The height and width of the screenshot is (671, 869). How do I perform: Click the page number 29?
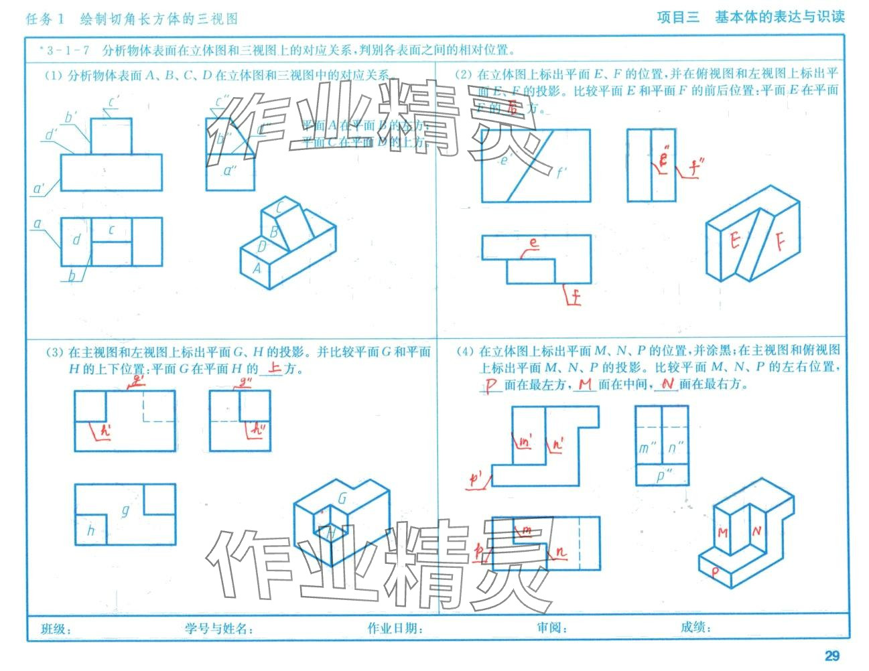click(831, 656)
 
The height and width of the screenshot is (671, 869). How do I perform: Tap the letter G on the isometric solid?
click(342, 498)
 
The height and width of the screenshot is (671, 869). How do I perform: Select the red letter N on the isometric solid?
click(756, 532)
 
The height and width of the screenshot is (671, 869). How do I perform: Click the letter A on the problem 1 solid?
click(257, 268)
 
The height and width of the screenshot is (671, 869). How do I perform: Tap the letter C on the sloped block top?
click(281, 208)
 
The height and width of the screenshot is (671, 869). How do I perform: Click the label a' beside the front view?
click(39, 190)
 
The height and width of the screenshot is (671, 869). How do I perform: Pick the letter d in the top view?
click(76, 240)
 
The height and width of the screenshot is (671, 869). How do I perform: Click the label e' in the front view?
click(507, 160)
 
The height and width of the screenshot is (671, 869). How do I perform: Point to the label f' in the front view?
click(561, 172)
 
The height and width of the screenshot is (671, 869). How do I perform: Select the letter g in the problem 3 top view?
click(125, 510)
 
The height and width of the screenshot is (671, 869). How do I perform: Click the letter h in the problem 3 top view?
click(90, 531)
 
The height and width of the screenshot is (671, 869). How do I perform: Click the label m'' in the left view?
click(647, 448)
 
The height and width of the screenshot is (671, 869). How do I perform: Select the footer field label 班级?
click(56, 629)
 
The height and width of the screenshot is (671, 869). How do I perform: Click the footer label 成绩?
click(695, 627)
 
